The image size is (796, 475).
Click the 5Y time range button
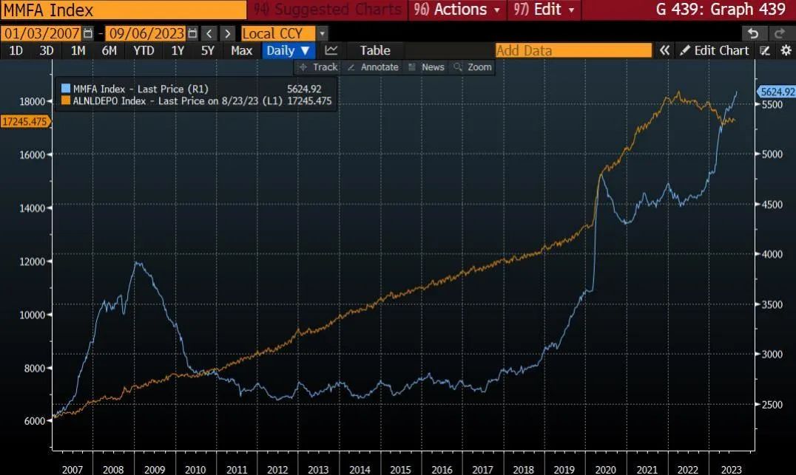208,50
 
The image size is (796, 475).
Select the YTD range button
144,50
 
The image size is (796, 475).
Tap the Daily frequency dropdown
289,50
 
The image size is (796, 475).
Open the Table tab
374,50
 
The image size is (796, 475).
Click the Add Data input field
573,50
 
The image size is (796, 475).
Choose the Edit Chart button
715,50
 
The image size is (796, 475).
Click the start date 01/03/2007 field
41,33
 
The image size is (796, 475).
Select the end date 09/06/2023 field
146,33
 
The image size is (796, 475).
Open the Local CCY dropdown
278,33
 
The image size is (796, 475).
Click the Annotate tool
373,67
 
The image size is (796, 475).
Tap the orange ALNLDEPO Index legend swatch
66,100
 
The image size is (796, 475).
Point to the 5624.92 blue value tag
775,92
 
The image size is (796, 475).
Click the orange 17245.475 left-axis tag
25,121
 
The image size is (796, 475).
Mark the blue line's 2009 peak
136,262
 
